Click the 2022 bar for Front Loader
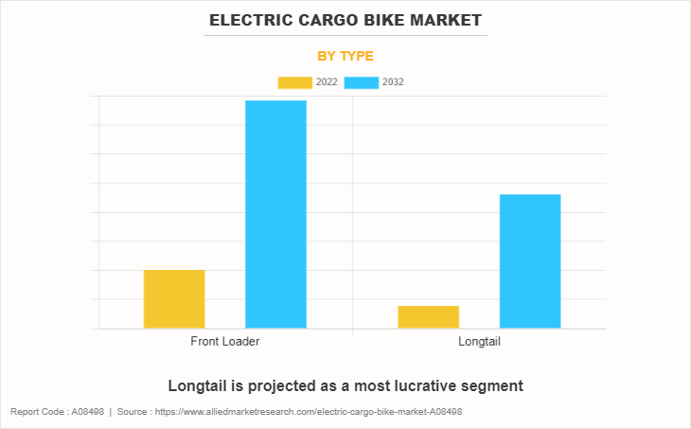pos(174,299)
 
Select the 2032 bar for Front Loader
pos(275,214)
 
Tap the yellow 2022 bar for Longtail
pos(428,317)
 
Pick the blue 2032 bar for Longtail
pos(530,261)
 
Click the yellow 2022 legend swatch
pos(294,82)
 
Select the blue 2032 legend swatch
pos(362,82)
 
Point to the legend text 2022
pos(327,82)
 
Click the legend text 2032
pos(394,82)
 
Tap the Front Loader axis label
pos(225,341)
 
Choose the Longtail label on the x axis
pos(479,341)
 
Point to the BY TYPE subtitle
pos(345,56)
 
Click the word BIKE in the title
pos(372,20)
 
